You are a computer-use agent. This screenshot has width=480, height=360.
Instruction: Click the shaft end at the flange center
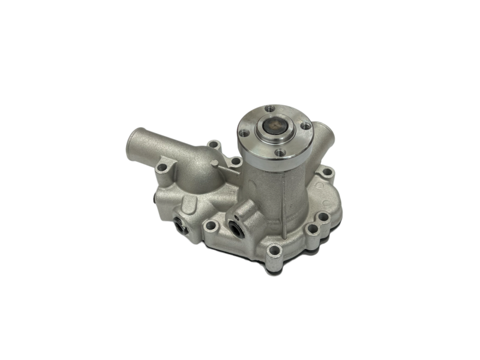click(274, 130)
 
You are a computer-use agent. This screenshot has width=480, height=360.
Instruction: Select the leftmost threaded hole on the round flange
click(244, 134)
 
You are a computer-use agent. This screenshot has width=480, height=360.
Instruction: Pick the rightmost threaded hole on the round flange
click(305, 126)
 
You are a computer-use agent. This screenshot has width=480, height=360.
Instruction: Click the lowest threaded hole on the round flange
click(279, 152)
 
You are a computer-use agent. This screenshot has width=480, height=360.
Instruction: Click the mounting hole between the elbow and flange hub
click(236, 161)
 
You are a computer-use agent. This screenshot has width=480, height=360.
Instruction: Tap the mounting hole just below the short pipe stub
click(326, 173)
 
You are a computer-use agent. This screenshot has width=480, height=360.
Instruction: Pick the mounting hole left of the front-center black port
click(211, 227)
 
